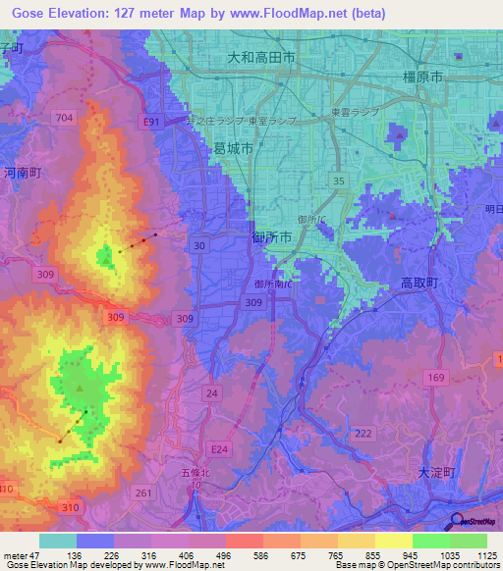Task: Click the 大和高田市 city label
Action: tap(261, 59)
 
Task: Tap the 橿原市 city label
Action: tap(423, 77)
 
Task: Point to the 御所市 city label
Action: tap(272, 235)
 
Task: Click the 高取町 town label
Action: tap(422, 283)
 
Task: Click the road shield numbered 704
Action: tap(65, 118)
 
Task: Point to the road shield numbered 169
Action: tap(435, 377)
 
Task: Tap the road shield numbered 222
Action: tap(363, 434)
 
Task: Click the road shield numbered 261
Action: tap(145, 493)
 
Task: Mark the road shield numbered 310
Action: tap(69, 507)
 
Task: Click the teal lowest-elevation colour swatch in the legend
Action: tap(58, 541)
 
